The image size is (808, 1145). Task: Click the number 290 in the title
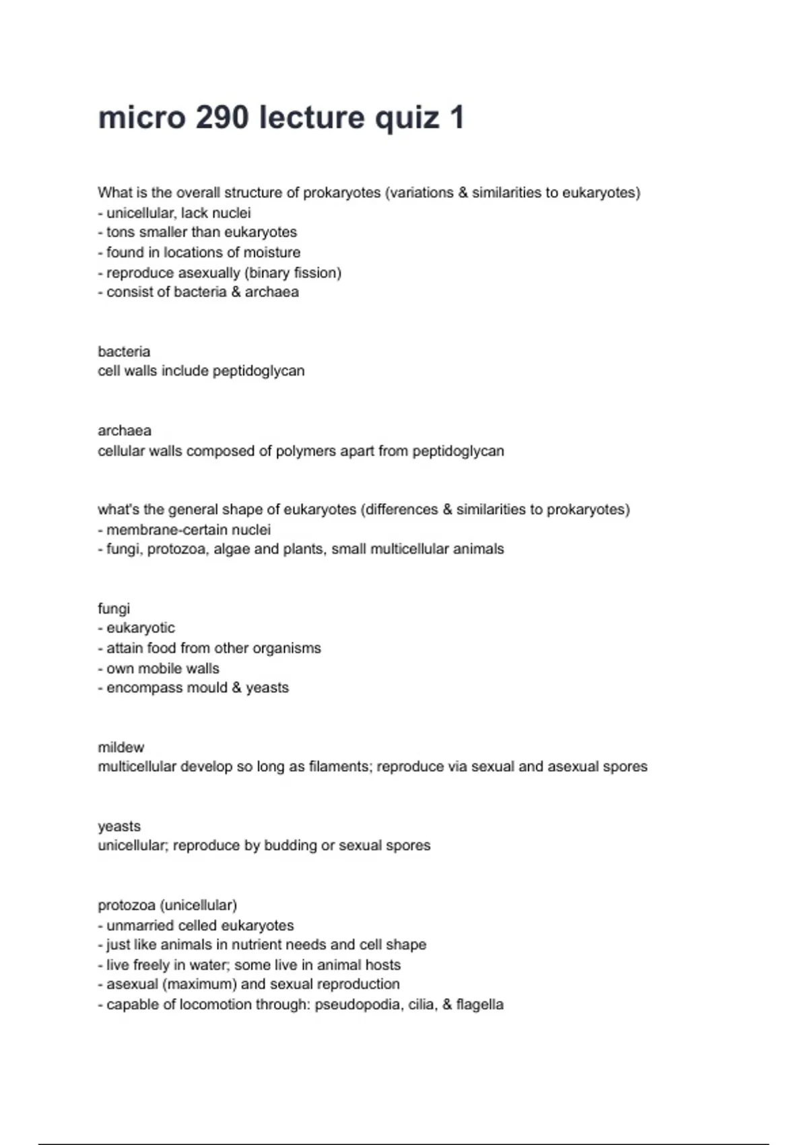(x=222, y=118)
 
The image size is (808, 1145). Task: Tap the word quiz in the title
(x=407, y=118)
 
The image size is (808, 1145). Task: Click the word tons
(x=121, y=232)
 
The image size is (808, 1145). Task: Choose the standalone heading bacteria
(x=124, y=352)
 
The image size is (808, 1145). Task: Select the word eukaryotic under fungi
(x=141, y=628)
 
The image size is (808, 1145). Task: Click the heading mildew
(x=121, y=747)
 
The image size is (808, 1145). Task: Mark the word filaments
(x=339, y=766)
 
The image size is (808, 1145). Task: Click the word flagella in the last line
(x=479, y=1004)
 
